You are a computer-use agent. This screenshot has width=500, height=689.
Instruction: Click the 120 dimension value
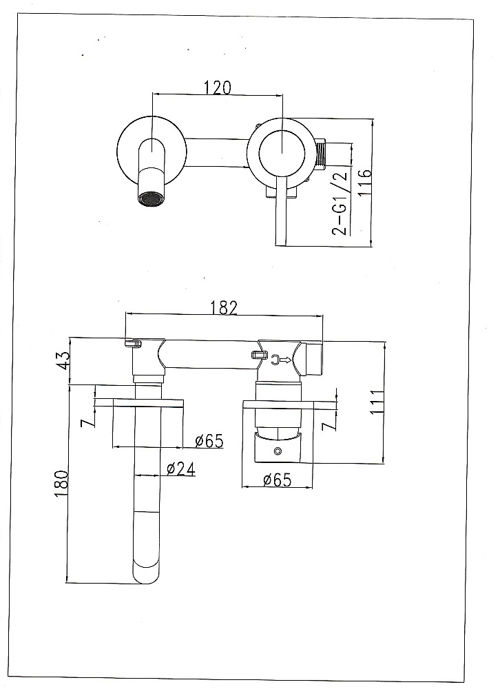pos(217,88)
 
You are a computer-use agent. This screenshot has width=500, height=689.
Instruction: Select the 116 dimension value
pos(365,182)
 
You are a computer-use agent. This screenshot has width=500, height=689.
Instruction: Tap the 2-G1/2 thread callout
pos(340,203)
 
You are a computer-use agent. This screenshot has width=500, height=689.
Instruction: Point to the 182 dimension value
pos(223,307)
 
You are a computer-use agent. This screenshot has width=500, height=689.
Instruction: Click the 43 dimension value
pos(64,360)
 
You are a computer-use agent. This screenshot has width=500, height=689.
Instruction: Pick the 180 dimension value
pos(61,484)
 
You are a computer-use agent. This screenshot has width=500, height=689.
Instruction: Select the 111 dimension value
pos(377,402)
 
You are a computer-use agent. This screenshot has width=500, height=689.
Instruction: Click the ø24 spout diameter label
pos(180,469)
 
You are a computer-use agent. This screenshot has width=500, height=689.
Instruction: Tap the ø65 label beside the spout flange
pos(209,440)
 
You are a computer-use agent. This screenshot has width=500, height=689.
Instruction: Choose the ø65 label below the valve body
pos(278,480)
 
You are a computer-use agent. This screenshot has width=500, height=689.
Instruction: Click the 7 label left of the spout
pos(88,423)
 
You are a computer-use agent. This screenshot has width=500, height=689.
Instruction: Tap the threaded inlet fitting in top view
pos(322,154)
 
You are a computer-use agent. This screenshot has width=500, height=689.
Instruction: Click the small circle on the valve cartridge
pos(278,451)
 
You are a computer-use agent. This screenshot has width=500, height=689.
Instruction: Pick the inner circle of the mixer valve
pos(282,153)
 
